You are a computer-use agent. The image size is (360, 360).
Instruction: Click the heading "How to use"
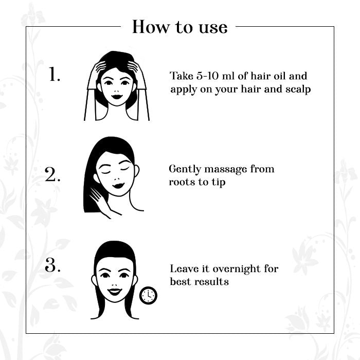(x=180, y=27)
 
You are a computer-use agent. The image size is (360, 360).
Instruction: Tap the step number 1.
(x=55, y=74)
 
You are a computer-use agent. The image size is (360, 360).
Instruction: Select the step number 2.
(x=52, y=174)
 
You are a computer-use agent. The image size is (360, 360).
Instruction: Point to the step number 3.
(x=52, y=265)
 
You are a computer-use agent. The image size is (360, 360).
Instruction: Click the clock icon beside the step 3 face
(x=148, y=296)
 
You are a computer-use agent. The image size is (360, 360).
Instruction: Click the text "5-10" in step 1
(x=207, y=76)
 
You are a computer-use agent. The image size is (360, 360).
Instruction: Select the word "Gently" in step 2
(x=185, y=170)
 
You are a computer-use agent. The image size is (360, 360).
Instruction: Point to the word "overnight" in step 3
(x=237, y=269)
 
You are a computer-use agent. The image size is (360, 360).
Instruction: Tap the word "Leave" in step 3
(x=184, y=268)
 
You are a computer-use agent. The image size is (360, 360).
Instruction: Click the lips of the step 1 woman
(x=117, y=97)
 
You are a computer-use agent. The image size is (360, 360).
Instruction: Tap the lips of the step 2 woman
(x=118, y=185)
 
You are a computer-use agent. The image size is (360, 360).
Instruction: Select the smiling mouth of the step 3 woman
(x=115, y=292)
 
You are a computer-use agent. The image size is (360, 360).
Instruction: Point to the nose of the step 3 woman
(x=114, y=283)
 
